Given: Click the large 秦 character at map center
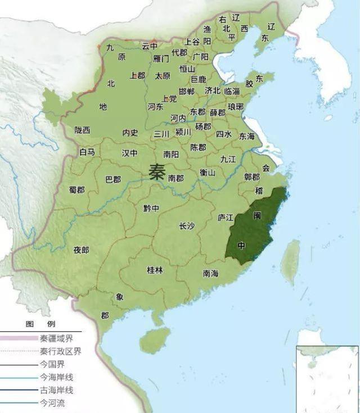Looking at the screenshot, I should [x=157, y=171].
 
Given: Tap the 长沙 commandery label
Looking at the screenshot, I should [x=187, y=226].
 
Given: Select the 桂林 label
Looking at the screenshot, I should [x=155, y=270].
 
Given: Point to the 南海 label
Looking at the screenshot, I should [x=210, y=274].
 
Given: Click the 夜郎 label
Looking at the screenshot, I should [x=81, y=250].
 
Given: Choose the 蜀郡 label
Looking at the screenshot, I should [x=76, y=190].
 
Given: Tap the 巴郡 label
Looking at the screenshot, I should [x=113, y=180].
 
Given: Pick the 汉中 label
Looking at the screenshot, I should [x=130, y=153].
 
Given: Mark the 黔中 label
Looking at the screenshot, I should [x=151, y=208].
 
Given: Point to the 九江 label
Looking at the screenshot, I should [x=228, y=159].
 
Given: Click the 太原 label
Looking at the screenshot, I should [x=163, y=75].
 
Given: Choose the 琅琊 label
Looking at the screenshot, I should [x=236, y=107].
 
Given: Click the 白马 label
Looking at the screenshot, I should [x=87, y=152].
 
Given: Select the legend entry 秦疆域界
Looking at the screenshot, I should [x=56, y=339].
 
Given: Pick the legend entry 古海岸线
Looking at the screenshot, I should [x=56, y=390].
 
